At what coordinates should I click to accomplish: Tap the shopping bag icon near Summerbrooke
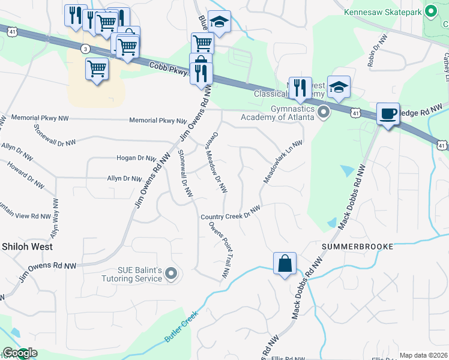coord(284,263)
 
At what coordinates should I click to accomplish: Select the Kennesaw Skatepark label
coord(381,11)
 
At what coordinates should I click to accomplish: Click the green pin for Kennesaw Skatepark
coord(430,11)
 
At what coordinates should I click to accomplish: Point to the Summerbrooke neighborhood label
coord(357,247)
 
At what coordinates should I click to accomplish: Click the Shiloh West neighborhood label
coord(27,247)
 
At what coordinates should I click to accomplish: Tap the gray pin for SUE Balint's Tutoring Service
coord(172,274)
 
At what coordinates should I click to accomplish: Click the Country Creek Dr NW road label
coord(231,213)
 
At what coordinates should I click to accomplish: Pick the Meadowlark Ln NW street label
coord(282,162)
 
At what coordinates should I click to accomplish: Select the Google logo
coord(19,353)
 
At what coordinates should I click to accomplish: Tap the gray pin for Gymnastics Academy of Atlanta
coord(324,112)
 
